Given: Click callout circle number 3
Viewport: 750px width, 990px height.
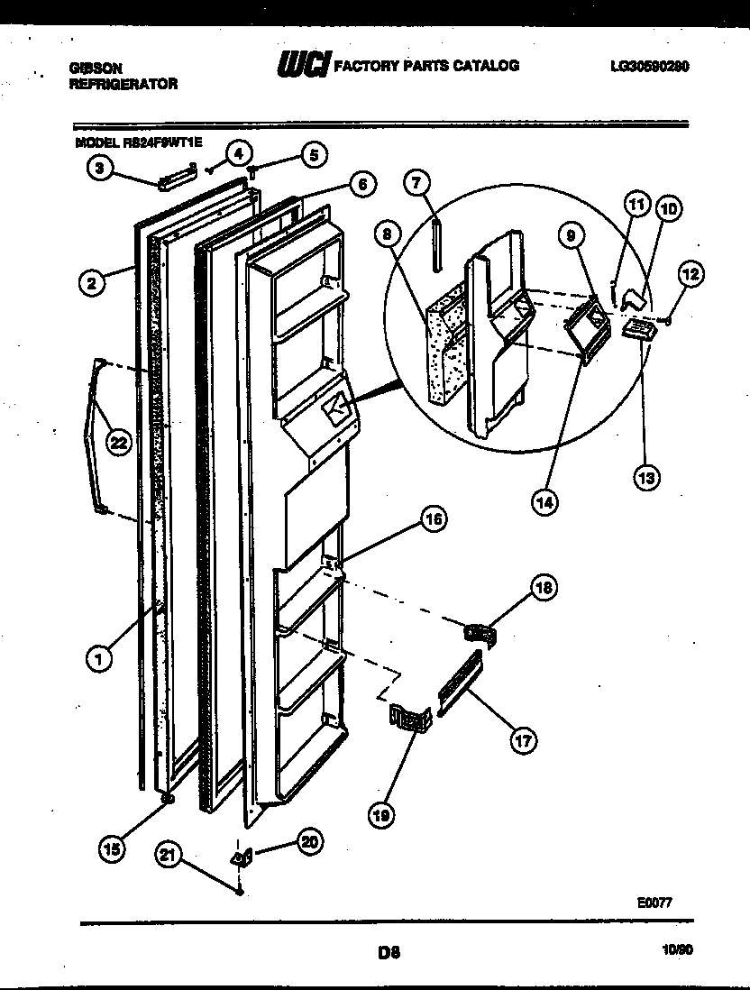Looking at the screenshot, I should pyautogui.click(x=100, y=167).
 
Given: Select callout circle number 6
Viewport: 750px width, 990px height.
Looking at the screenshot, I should pyautogui.click(x=361, y=185).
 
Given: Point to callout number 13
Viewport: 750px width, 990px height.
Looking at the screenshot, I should pyautogui.click(x=645, y=477).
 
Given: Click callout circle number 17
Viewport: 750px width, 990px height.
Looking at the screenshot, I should pyautogui.click(x=522, y=740).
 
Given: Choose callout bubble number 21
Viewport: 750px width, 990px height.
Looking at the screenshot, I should pyautogui.click(x=167, y=852).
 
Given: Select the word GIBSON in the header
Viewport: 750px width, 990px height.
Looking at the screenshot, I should pyautogui.click(x=96, y=67).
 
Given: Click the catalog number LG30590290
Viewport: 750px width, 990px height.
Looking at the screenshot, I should pyautogui.click(x=649, y=66).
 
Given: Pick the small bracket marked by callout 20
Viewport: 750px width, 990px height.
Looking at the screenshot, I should pyautogui.click(x=241, y=857).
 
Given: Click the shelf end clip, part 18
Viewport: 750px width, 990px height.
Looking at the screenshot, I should pyautogui.click(x=481, y=633).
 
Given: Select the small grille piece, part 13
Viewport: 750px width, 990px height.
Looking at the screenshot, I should pyautogui.click(x=636, y=330).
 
